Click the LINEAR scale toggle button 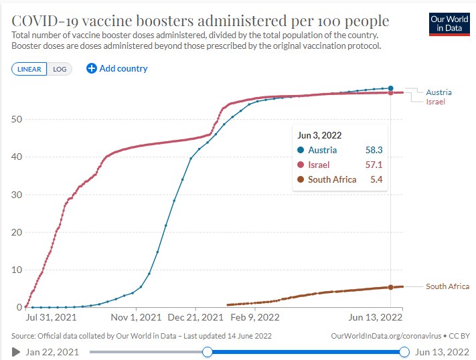coord(29,69)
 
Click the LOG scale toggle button coord(60,69)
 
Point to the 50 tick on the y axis coord(17,120)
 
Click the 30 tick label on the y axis coord(17,195)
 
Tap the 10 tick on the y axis coord(17,270)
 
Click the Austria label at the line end coord(439,92)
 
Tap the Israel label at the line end coord(435,102)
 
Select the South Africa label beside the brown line coord(447,286)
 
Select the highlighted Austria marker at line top coord(390,88)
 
